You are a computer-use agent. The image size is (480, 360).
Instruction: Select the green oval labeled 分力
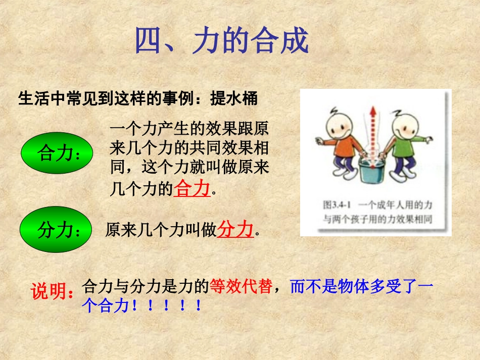tap(56, 230)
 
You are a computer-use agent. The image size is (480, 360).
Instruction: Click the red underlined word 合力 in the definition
tap(191, 189)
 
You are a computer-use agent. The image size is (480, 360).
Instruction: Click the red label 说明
tap(53, 292)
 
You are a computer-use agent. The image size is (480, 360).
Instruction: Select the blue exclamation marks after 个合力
tap(166, 306)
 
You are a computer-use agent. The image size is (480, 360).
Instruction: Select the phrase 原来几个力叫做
tap(161, 231)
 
